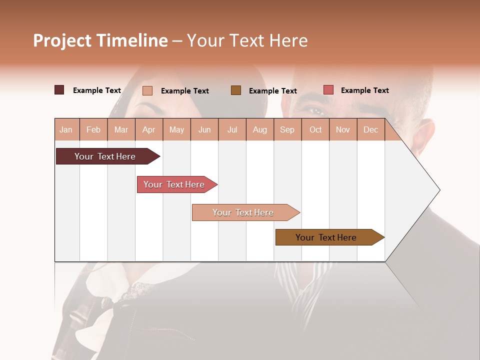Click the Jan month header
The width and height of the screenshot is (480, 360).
click(x=66, y=129)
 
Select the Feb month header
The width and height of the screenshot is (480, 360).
click(x=93, y=129)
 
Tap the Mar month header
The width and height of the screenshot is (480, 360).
click(x=121, y=129)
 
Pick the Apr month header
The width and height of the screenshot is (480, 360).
click(x=149, y=129)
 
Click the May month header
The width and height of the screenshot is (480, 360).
click(x=176, y=129)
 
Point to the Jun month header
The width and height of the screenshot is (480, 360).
click(x=204, y=129)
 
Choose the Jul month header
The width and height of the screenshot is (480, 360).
click(x=232, y=129)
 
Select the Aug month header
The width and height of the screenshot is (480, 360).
click(x=260, y=129)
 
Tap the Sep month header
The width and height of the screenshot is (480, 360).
click(x=287, y=129)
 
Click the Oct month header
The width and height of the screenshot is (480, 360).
click(x=315, y=129)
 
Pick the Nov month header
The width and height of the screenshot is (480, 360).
click(x=343, y=129)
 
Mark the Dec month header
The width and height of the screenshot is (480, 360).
click(x=371, y=129)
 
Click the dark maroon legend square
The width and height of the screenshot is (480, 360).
click(x=59, y=90)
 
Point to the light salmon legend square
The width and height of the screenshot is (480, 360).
click(x=147, y=90)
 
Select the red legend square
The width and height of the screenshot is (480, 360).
click(x=328, y=90)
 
